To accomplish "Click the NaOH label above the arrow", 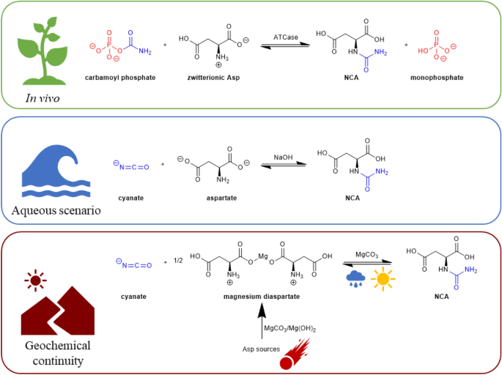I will click(x=282, y=157).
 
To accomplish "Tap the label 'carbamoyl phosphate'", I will click(x=120, y=78).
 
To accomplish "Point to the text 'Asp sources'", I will click(x=261, y=349).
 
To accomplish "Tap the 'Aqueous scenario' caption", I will click(x=56, y=212).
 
